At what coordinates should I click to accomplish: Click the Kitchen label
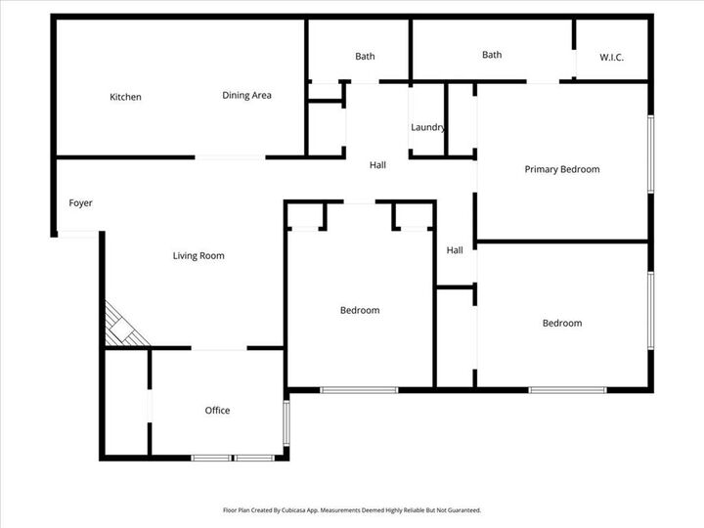point(125,97)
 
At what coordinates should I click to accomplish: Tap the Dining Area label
point(246,95)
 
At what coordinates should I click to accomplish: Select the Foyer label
point(80,203)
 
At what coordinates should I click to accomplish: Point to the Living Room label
point(198,256)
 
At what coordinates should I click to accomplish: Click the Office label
point(217,411)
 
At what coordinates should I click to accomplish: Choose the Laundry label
point(428,127)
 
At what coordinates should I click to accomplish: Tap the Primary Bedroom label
point(561,169)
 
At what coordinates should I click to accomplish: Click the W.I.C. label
point(611,58)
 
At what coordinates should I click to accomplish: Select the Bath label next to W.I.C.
point(492,55)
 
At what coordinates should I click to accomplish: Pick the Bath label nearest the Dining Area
point(365,57)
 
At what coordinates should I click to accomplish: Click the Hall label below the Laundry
point(377,165)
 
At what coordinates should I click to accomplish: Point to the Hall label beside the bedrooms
point(455,250)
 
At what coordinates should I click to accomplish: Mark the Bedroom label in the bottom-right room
point(562,324)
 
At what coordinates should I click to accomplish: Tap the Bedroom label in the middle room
point(360,311)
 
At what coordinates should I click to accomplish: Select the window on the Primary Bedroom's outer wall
point(650,151)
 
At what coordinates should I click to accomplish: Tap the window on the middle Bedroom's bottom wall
point(359,390)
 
